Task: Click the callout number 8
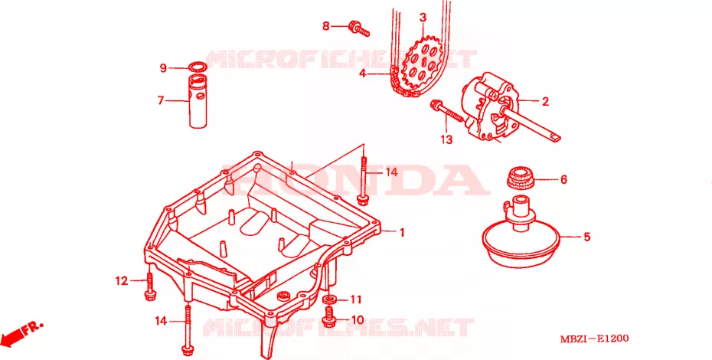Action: click(x=325, y=26)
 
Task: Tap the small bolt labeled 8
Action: click(x=359, y=28)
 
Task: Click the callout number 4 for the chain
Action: click(x=362, y=74)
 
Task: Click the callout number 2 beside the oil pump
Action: click(x=545, y=101)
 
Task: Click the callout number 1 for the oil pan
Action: click(x=401, y=233)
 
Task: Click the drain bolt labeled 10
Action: click(x=329, y=317)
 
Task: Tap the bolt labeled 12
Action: click(x=149, y=287)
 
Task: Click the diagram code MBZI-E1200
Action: click(x=594, y=339)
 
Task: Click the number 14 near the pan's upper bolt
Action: click(x=391, y=172)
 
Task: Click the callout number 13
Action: click(x=446, y=139)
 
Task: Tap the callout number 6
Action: click(x=563, y=179)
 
